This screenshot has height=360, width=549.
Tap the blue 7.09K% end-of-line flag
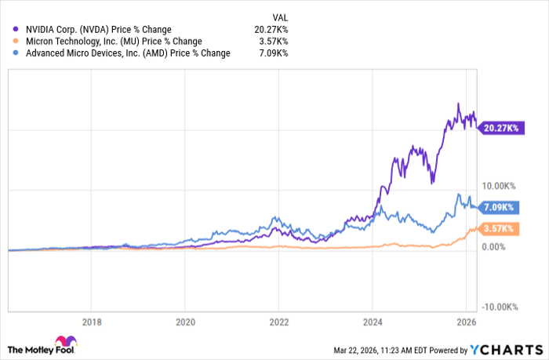tap(499, 207)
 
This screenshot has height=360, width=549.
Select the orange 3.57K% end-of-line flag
tap(499, 228)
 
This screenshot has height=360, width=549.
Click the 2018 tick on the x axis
tap(92, 321)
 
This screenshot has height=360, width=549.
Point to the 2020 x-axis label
tap(185, 321)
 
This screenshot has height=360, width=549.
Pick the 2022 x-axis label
tap(279, 321)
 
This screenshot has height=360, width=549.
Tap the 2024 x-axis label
tap(373, 321)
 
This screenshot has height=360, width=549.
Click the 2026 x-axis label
tap(466, 321)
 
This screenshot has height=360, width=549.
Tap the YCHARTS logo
tap(509, 347)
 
